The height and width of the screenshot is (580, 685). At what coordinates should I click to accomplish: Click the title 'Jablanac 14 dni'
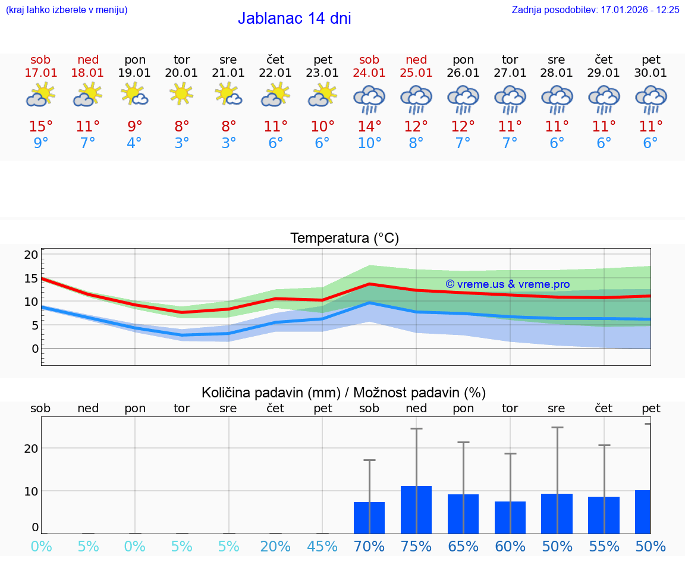coord(294,18)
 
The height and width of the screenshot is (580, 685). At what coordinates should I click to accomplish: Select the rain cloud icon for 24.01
coord(369,99)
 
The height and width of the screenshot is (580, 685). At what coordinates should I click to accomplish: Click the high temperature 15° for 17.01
coord(41,127)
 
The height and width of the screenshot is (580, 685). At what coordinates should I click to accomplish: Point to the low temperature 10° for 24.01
coord(369,143)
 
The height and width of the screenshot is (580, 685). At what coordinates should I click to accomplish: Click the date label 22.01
coord(275,73)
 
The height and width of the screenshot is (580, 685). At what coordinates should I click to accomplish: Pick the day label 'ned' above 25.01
coord(416,59)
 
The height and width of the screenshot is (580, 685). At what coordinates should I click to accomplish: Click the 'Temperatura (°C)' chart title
coord(344,239)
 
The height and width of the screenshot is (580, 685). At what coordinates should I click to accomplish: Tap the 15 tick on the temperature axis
coord(31,278)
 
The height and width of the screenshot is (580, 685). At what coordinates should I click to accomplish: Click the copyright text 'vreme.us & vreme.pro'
coord(508,284)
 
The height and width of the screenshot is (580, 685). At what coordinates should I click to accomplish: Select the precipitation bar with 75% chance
coord(416,509)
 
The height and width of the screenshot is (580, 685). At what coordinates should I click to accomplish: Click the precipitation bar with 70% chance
coord(369,518)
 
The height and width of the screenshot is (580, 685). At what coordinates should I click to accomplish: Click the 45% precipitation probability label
coord(322,546)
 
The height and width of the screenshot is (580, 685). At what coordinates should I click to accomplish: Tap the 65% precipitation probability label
coord(463,546)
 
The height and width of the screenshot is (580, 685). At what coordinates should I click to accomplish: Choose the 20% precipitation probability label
coord(275,546)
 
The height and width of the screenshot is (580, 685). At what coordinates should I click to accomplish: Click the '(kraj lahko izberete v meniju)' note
coord(67,10)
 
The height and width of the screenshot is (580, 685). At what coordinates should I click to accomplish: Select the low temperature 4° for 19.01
coord(135,143)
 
